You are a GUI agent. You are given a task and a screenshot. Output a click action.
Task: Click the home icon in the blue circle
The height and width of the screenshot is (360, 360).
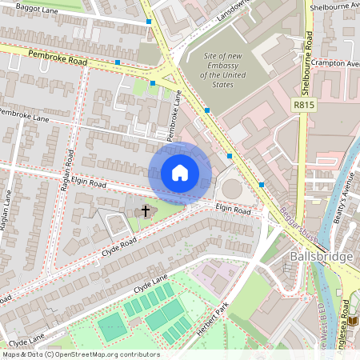coord(180,173)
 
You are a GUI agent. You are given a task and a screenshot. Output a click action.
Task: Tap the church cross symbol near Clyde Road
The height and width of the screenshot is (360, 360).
coord(146,211)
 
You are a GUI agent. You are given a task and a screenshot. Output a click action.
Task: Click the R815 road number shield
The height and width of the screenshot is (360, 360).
coord(303,104)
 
